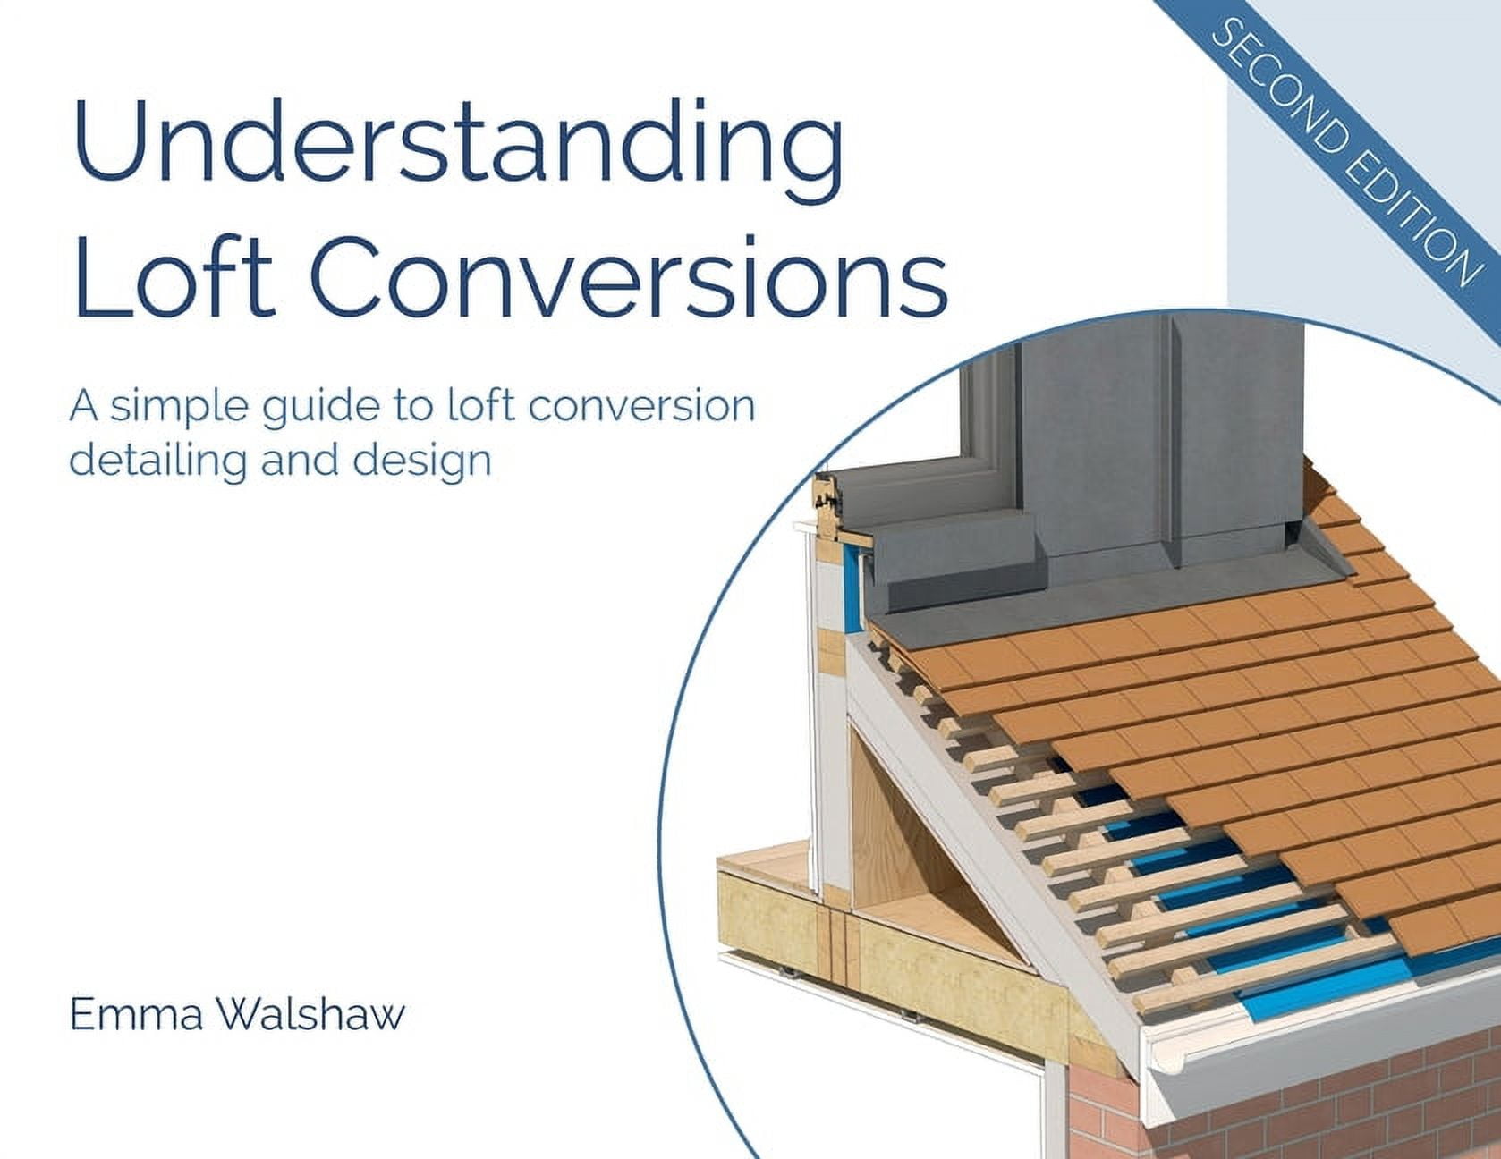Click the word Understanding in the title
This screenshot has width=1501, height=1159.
pyautogui.click(x=456, y=143)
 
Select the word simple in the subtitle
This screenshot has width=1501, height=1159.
pyautogui.click(x=178, y=407)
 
